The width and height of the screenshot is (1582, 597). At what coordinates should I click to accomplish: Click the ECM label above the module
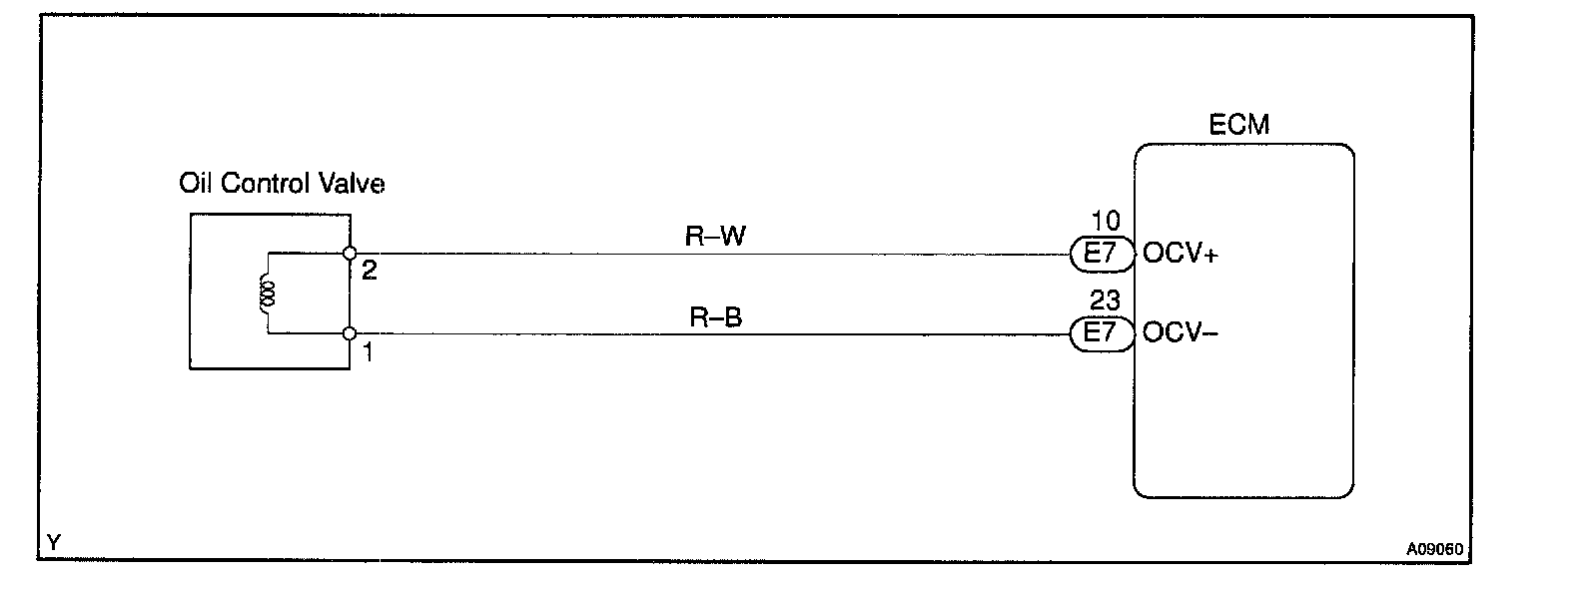click(1238, 126)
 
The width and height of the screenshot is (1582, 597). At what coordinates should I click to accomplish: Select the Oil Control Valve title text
click(282, 184)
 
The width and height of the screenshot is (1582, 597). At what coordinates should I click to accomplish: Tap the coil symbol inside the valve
click(268, 294)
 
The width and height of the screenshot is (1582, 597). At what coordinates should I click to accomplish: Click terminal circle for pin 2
click(350, 255)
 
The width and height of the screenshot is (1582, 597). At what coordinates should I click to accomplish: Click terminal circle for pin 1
click(350, 333)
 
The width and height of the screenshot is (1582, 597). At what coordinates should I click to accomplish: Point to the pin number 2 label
click(369, 271)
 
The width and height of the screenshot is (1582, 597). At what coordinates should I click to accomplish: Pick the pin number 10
click(1106, 222)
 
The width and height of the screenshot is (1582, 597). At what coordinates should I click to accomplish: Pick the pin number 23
click(1106, 300)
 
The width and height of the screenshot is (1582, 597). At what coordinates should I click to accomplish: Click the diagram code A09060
click(1434, 548)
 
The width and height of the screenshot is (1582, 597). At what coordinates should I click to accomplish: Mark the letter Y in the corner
click(54, 542)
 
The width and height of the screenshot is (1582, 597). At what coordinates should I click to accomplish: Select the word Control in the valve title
click(266, 184)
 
